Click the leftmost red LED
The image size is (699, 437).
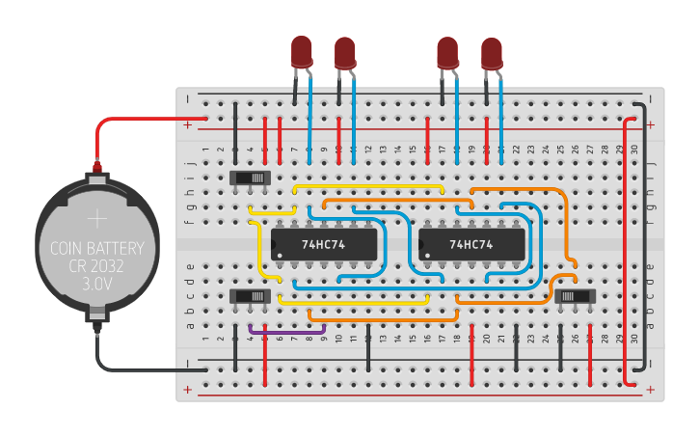[302, 51]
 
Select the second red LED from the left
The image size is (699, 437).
[345, 52]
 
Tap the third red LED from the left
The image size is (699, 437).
[447, 52]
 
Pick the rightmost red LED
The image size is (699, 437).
[492, 53]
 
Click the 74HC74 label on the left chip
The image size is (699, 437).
[323, 245]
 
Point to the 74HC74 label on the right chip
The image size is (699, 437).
[471, 245]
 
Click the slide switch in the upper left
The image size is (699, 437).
[252, 178]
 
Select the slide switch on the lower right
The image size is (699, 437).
[576, 295]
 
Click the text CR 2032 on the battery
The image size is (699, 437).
[96, 266]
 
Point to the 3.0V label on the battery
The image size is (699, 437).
[96, 285]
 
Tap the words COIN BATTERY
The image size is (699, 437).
[96, 249]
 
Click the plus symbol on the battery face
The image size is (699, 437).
[96, 218]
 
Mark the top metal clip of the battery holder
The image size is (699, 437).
[96, 177]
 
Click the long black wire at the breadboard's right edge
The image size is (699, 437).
[643, 232]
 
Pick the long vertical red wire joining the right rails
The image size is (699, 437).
[628, 251]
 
